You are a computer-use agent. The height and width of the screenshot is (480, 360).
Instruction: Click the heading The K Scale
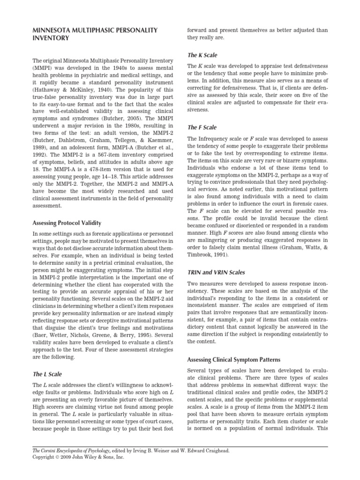click(x=202, y=55)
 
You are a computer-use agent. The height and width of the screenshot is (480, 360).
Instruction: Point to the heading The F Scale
click(x=202, y=127)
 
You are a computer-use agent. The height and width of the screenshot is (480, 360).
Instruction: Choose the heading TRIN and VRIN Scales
click(x=216, y=272)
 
